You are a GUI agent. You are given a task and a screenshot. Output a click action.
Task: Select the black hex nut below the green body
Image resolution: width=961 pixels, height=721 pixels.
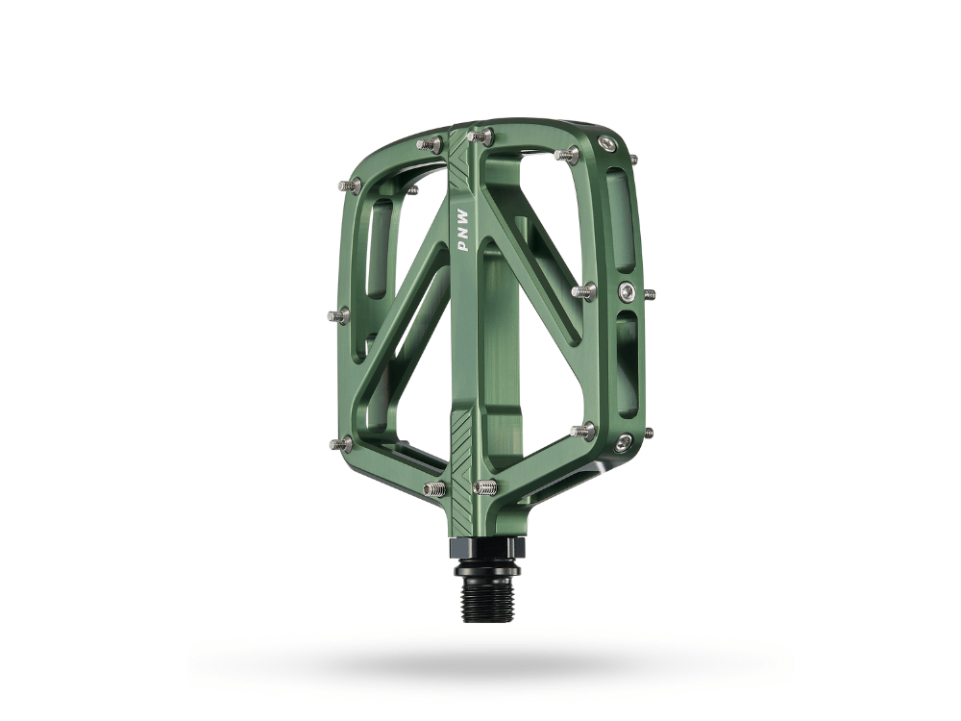coord(488,549)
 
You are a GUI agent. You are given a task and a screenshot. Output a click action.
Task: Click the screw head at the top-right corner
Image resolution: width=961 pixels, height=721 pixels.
coord(607,144)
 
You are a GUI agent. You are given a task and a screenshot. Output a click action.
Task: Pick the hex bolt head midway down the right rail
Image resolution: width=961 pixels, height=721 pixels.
coord(627,292)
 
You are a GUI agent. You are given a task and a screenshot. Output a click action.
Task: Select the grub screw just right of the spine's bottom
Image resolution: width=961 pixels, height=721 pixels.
coord(485,487)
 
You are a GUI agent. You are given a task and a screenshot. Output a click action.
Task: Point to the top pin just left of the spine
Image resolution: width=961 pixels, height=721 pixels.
coord(430,144)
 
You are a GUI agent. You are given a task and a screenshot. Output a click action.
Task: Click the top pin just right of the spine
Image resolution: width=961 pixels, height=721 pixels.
coord(480,137)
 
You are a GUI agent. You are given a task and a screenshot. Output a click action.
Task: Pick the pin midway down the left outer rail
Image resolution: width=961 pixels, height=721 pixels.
coord(339,315)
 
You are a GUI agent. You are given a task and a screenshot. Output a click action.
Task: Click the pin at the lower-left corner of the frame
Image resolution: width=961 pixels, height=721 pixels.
coord(341,444)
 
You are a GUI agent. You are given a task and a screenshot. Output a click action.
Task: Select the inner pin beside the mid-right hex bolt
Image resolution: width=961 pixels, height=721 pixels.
coord(583,290)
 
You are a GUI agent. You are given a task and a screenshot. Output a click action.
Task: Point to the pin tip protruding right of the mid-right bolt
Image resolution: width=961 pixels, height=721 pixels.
coord(650,293)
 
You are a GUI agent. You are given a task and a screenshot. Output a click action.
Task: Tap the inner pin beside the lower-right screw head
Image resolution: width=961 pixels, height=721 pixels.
coord(583,431)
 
